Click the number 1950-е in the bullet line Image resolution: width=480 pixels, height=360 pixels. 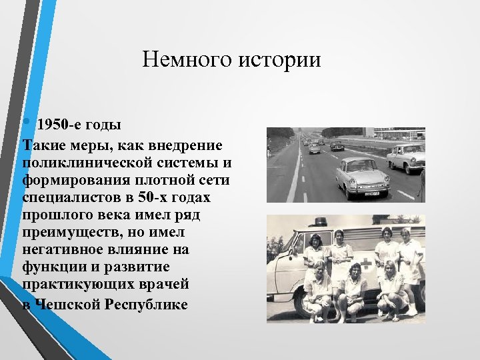(58, 125)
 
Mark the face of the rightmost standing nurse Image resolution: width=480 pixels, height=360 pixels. (405, 235)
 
